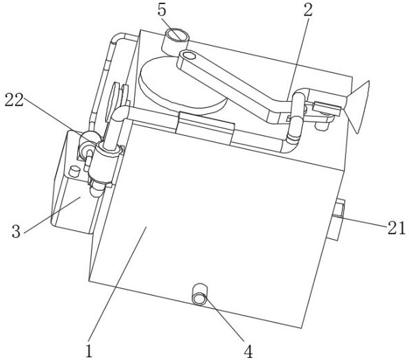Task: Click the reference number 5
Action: [161, 10]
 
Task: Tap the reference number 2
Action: [308, 10]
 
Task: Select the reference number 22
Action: [14, 100]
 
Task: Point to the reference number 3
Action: [16, 231]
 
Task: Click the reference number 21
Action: [396, 228]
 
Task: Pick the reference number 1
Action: [89, 351]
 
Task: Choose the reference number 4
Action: [248, 352]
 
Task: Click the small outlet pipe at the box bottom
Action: [200, 294]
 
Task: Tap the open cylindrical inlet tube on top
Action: [175, 40]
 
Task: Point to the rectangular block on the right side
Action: [339, 219]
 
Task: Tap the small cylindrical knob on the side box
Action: [74, 171]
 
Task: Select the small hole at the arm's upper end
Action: [189, 55]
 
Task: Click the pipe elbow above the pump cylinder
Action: [120, 113]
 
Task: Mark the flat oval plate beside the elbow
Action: [113, 102]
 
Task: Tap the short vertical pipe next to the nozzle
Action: [297, 117]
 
